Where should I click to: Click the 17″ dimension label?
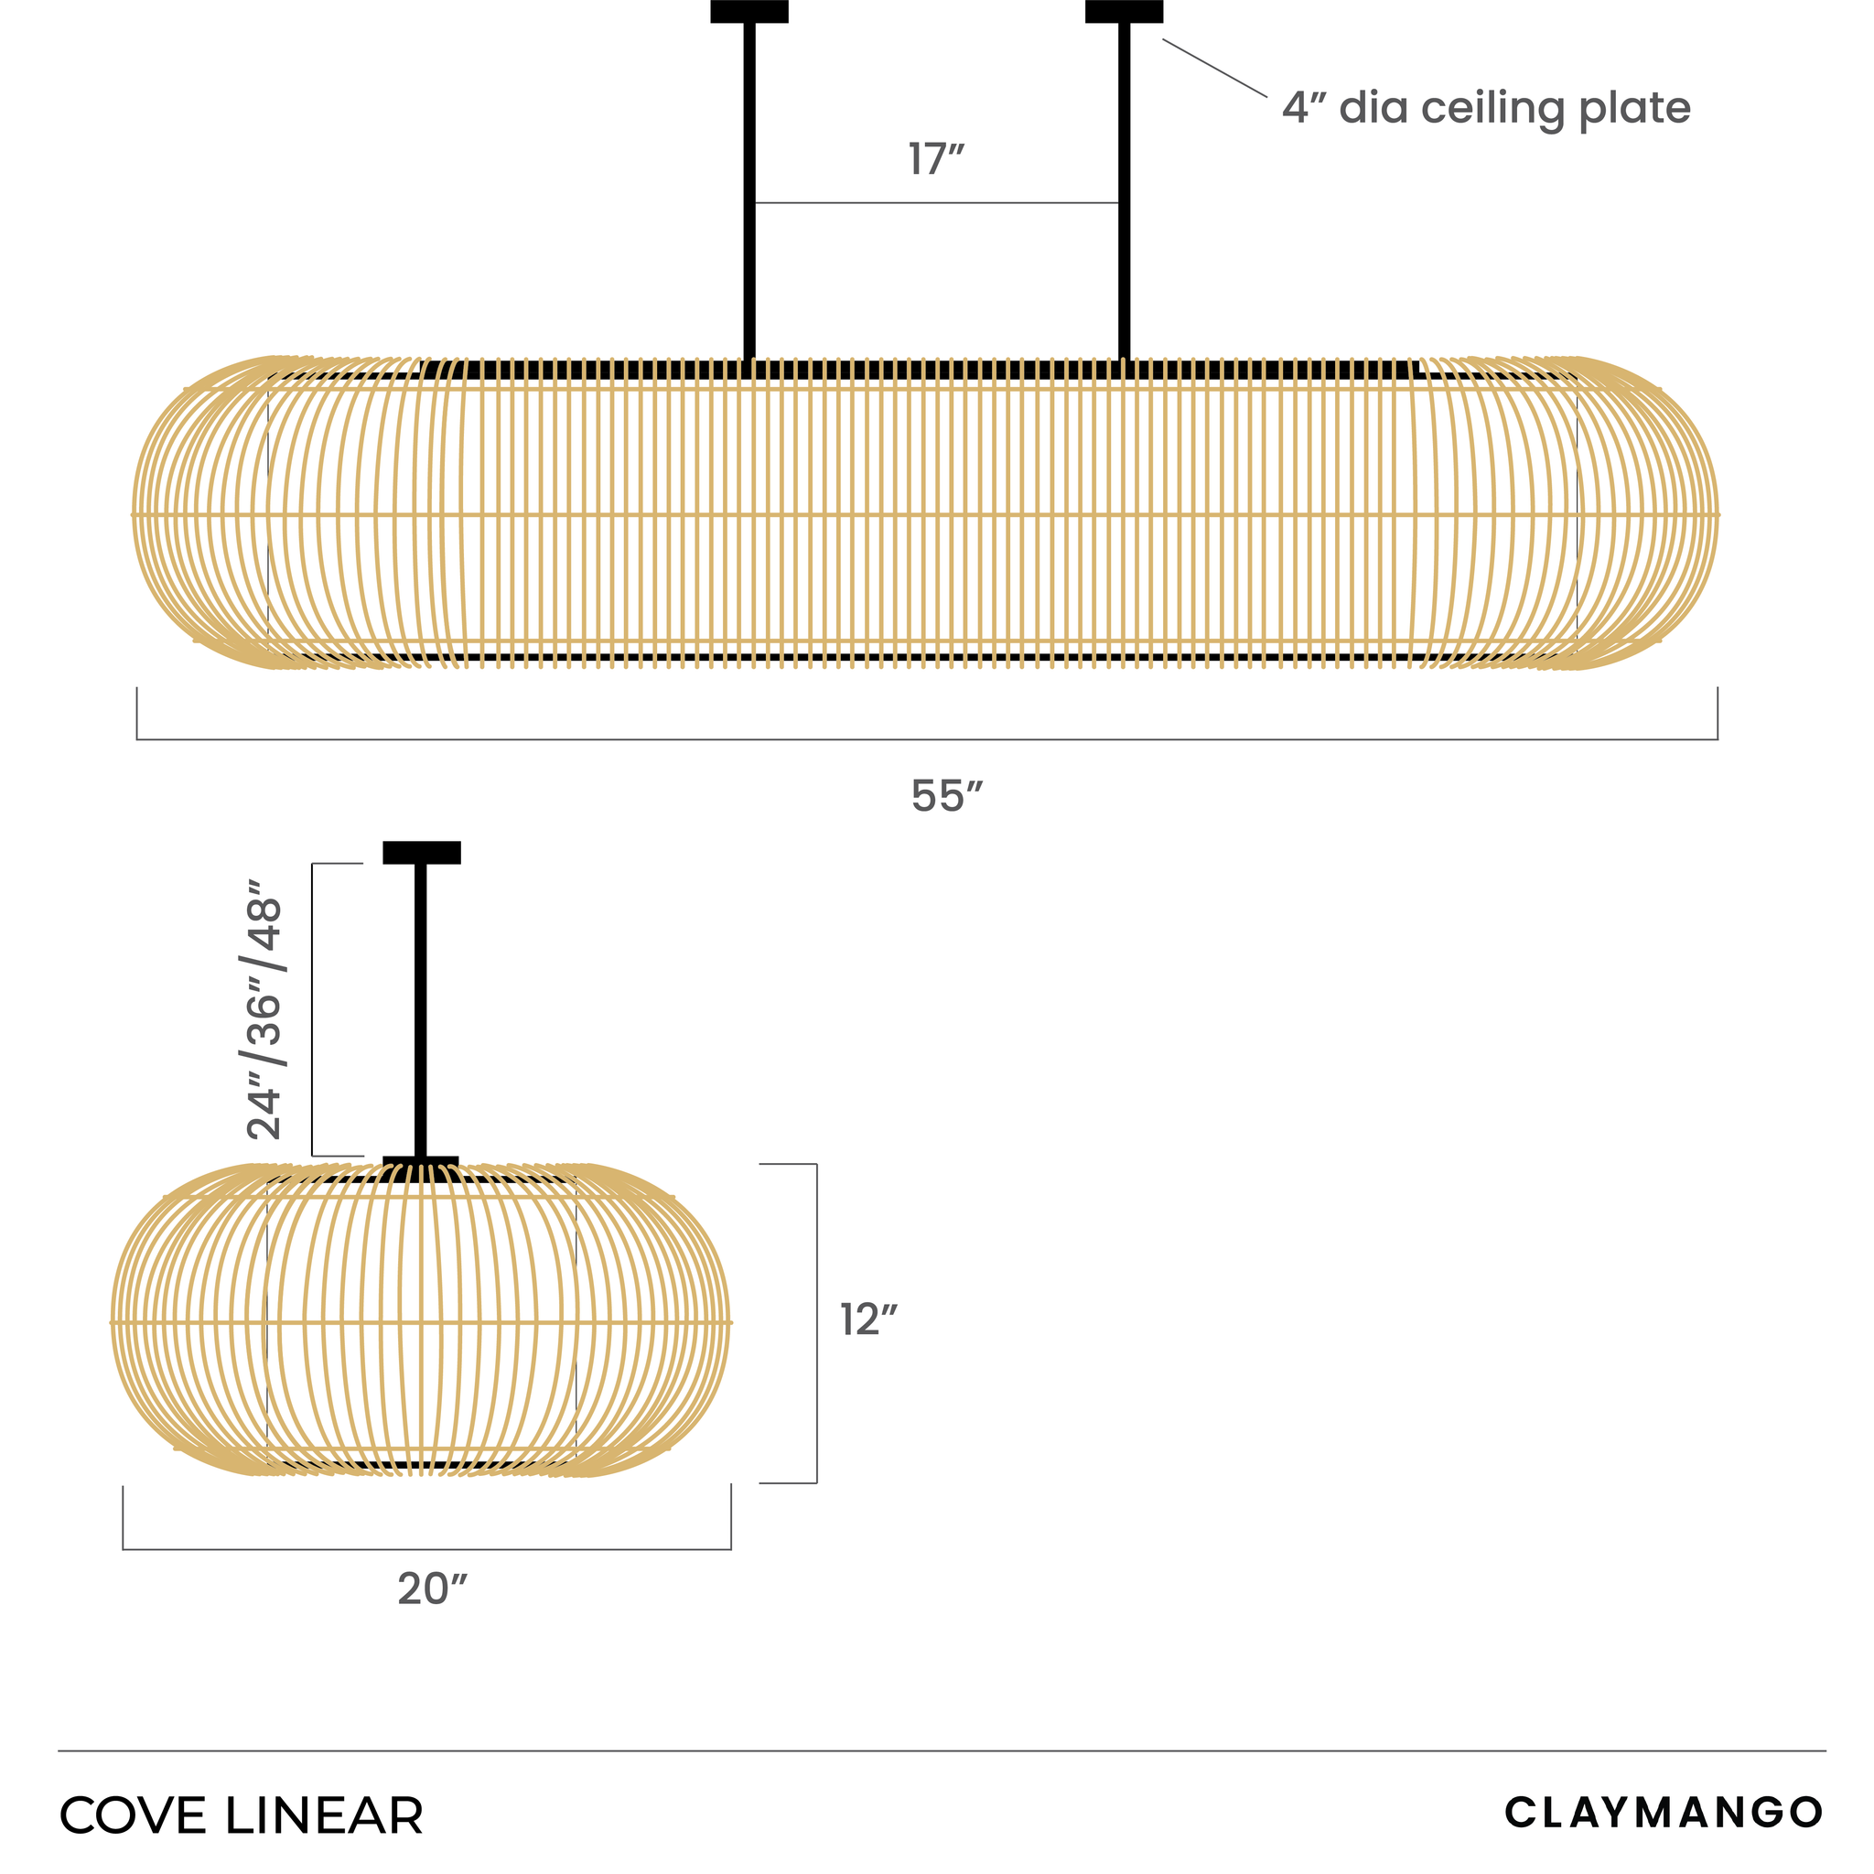pos(936,160)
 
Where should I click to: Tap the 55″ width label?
pos(947,796)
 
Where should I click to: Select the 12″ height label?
pos(868,1320)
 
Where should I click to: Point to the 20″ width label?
pos(433,1589)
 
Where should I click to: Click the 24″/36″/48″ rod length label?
pos(264,1008)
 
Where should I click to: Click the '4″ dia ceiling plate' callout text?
pos(1485,108)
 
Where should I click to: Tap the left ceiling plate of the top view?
pos(749,11)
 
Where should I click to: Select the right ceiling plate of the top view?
pos(1124,11)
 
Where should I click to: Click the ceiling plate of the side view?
pos(421,852)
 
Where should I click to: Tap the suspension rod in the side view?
pos(420,1008)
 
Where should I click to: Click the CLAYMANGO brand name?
pos(1664,1812)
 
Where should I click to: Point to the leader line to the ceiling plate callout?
pos(1213,68)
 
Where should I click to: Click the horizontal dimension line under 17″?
pos(936,203)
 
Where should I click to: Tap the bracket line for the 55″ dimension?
pos(926,739)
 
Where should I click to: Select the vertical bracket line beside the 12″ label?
pos(815,1323)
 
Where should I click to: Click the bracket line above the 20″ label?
pos(426,1549)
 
